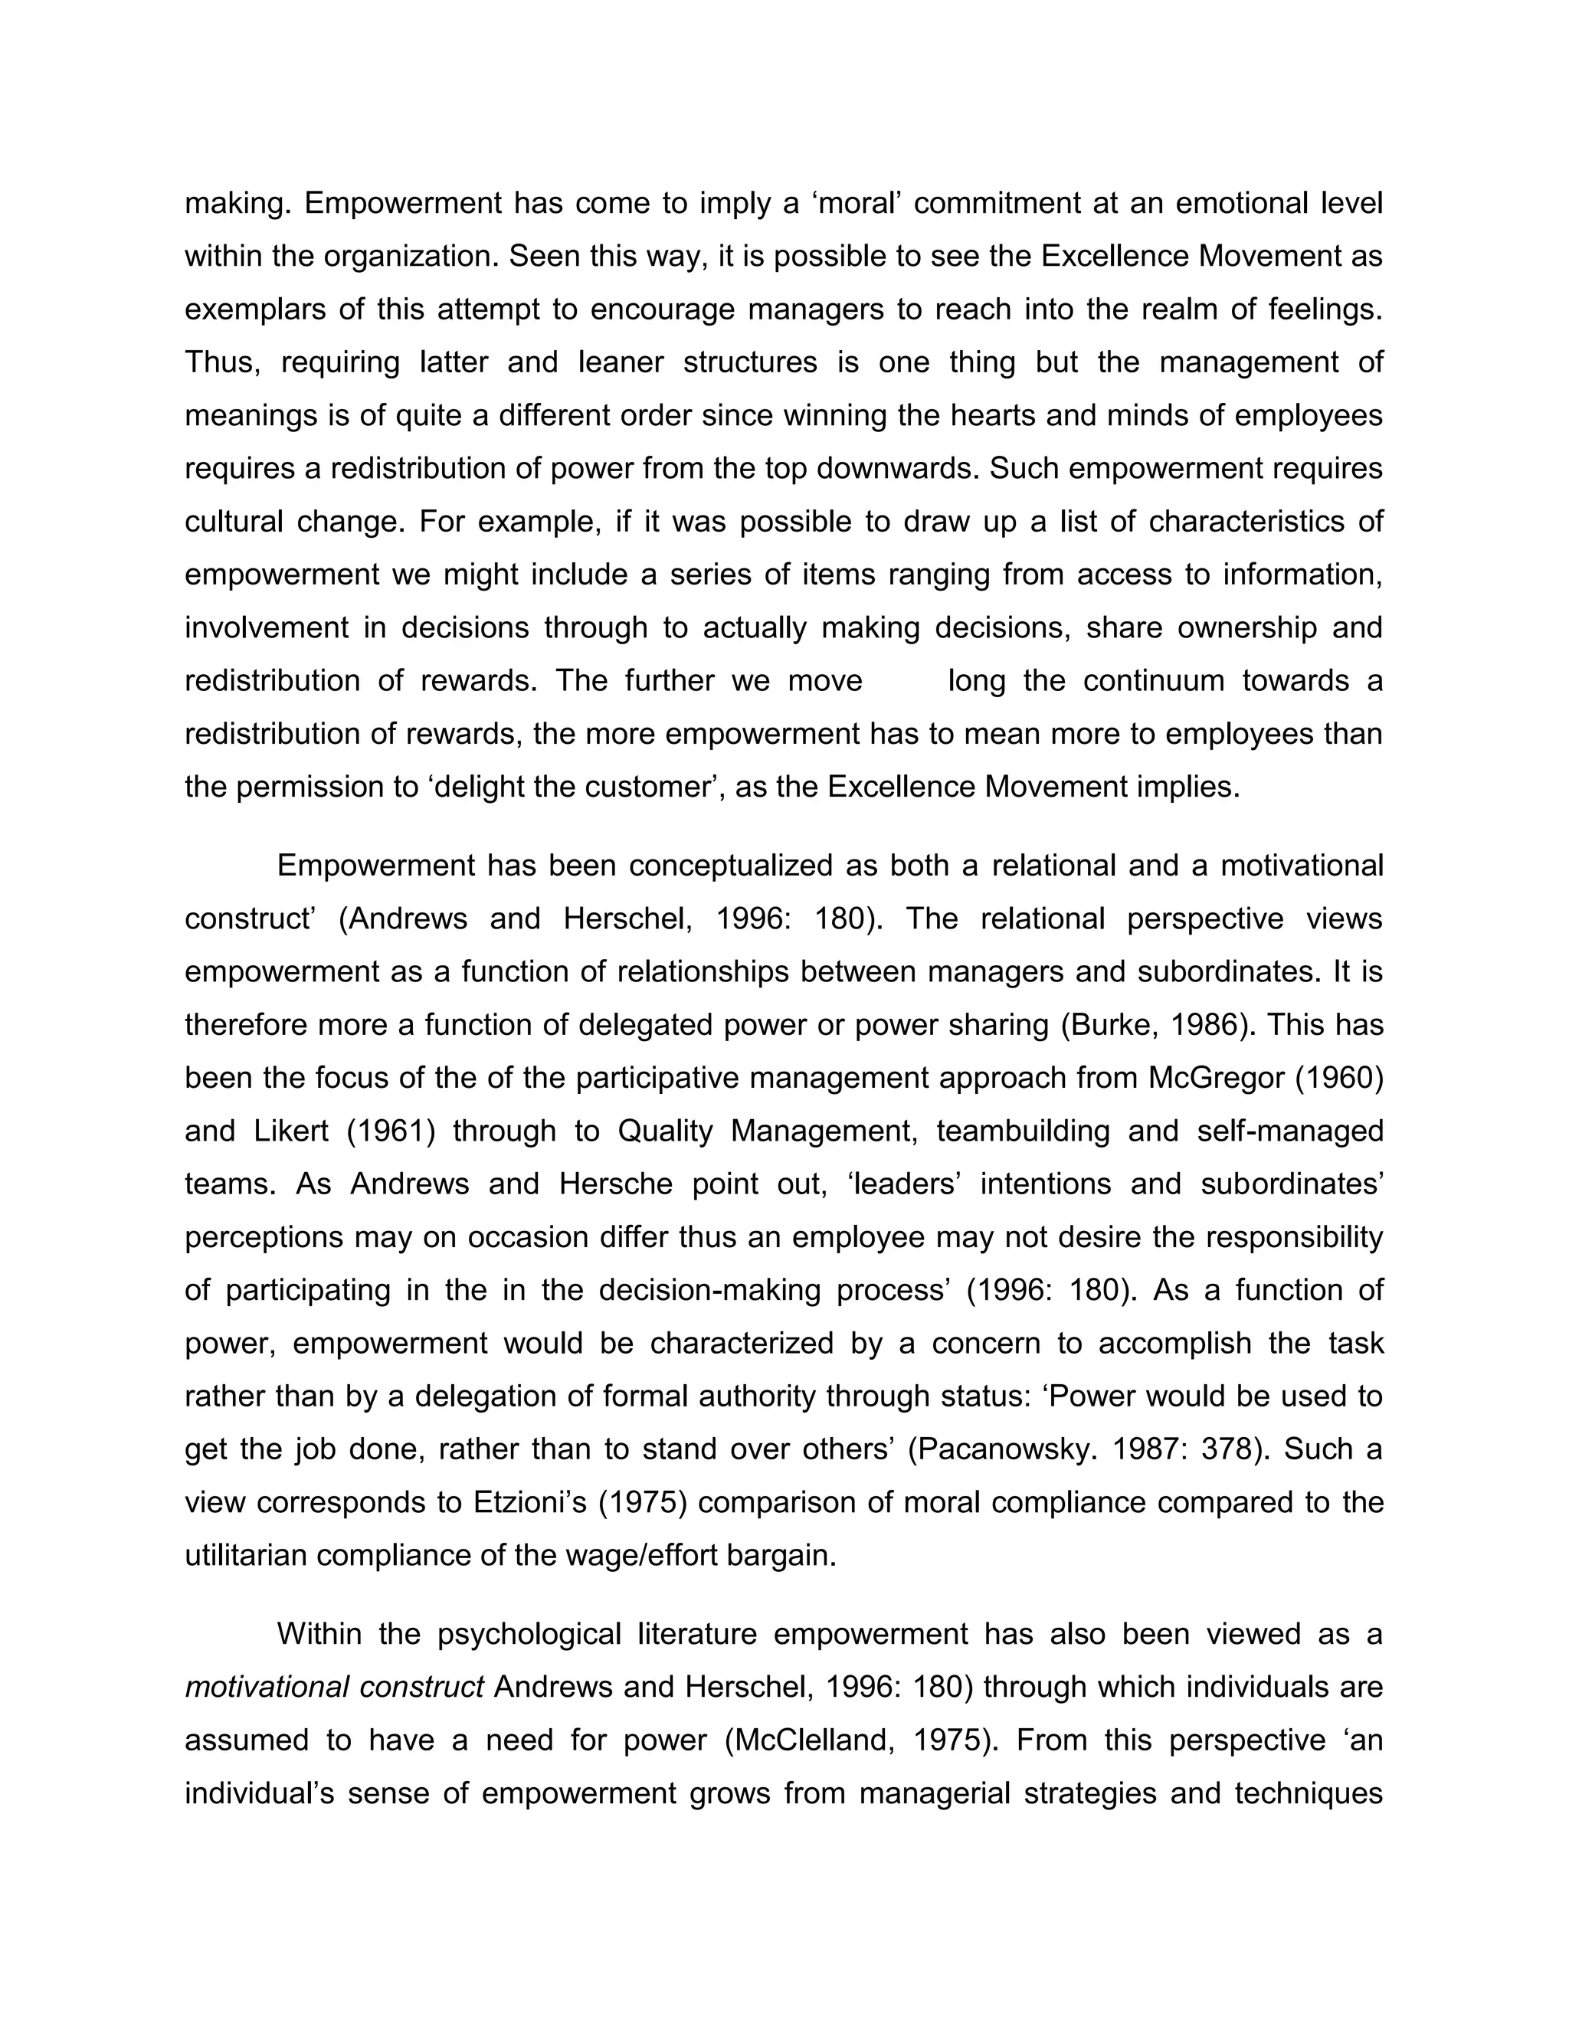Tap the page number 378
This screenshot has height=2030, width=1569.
click(x=1229, y=1449)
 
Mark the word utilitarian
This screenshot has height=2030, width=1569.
click(x=245, y=1555)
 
